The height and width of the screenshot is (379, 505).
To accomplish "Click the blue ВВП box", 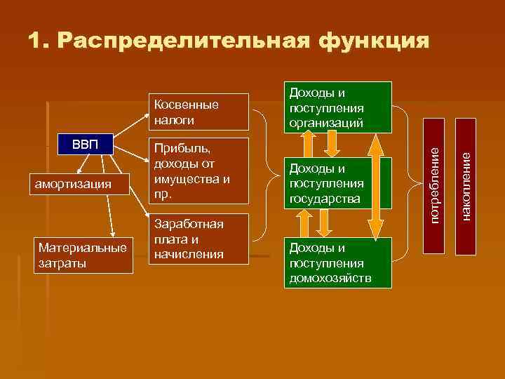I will click(x=86, y=145).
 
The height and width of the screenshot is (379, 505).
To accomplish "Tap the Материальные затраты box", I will click(x=83, y=255).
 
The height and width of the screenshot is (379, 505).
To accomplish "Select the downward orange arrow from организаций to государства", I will click(x=332, y=145).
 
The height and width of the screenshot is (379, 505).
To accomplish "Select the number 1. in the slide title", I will click(x=39, y=40).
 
